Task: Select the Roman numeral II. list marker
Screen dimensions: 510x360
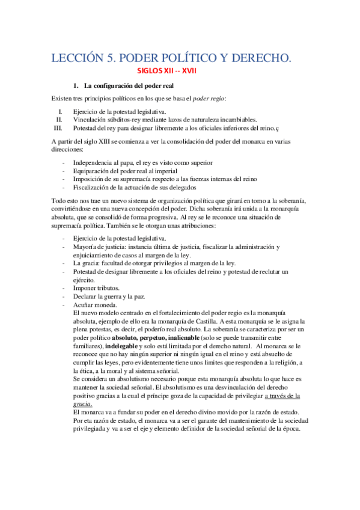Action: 59,119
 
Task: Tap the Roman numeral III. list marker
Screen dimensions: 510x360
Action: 58,127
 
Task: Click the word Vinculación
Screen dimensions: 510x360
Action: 90,119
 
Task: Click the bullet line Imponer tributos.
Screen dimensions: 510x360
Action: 97,287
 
